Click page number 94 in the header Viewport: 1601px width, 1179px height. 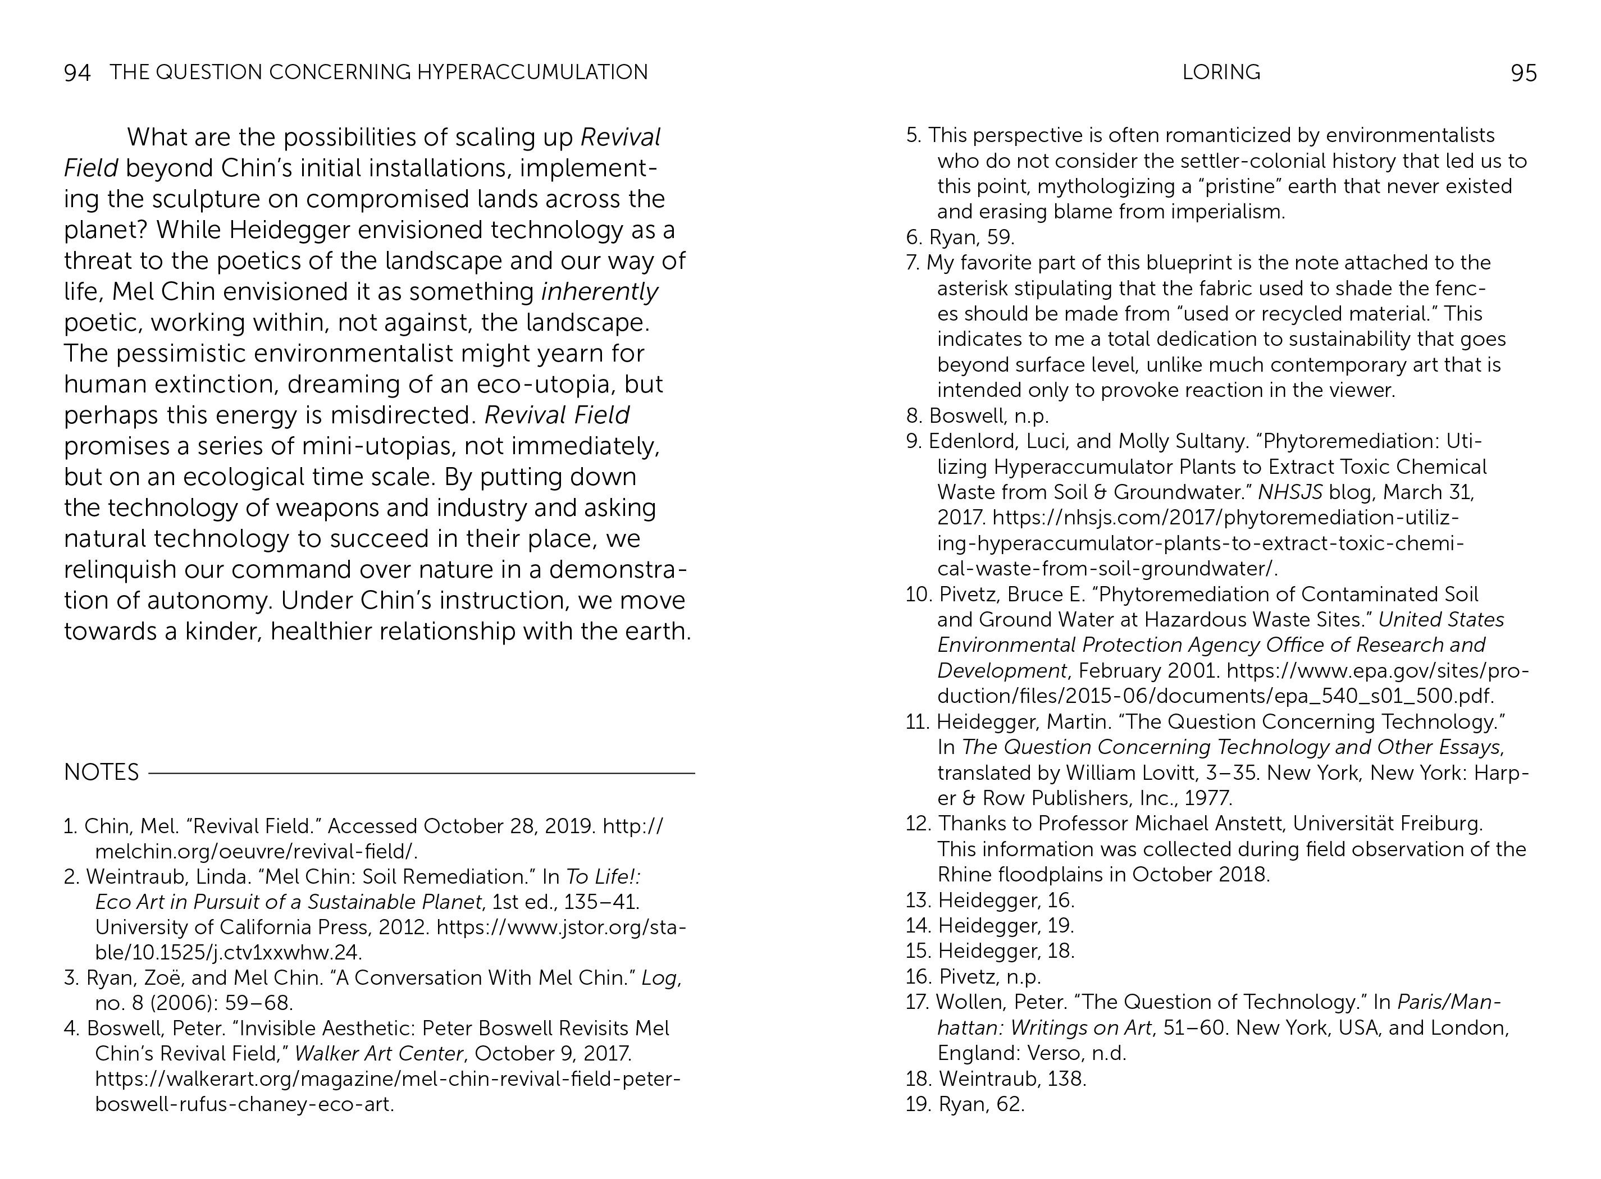[x=77, y=73]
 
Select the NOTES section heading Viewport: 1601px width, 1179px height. [x=101, y=772]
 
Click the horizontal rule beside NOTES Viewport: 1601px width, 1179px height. [x=421, y=773]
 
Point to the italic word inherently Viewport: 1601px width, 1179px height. [x=600, y=292]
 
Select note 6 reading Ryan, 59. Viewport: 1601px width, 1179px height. [x=960, y=237]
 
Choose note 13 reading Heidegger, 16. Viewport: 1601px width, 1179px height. [x=990, y=900]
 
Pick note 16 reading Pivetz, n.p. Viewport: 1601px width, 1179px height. [x=974, y=976]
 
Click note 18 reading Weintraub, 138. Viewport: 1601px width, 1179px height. [x=996, y=1079]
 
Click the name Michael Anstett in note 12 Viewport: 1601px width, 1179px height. [x=1210, y=824]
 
